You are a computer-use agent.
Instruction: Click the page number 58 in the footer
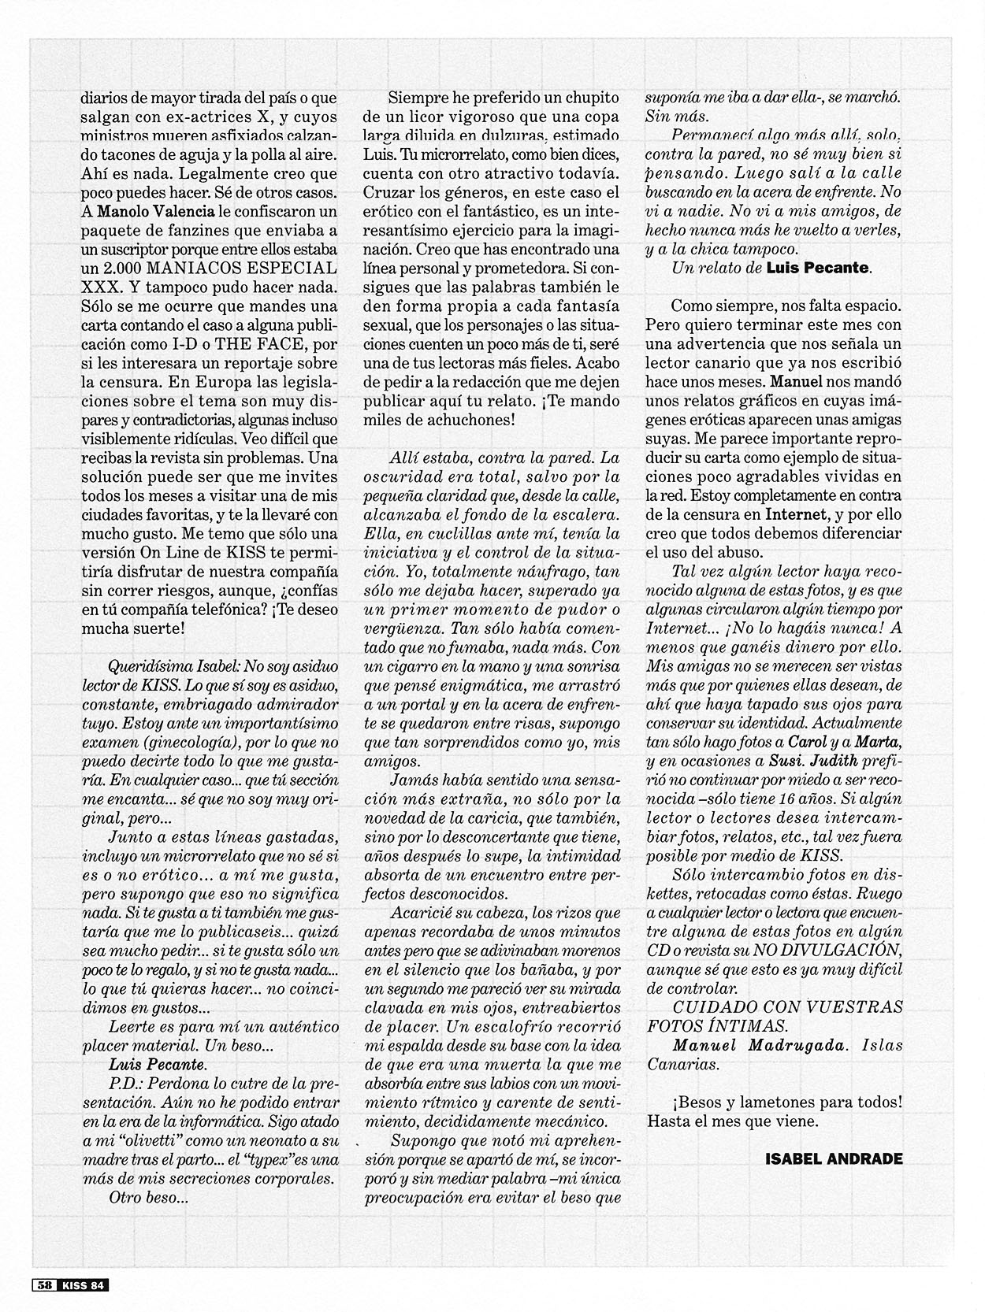(x=43, y=1284)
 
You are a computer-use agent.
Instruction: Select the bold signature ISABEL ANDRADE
(x=834, y=1158)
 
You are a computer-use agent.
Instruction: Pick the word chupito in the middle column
(x=580, y=98)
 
